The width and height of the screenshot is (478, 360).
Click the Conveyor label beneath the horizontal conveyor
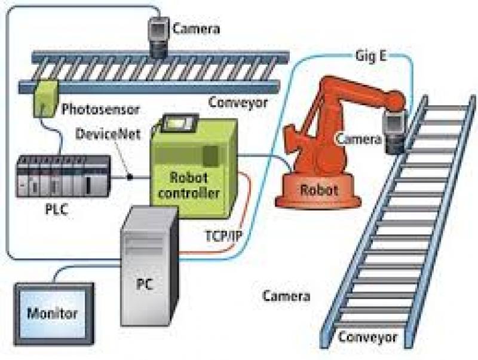[237, 102]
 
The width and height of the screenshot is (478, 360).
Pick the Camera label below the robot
[287, 296]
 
